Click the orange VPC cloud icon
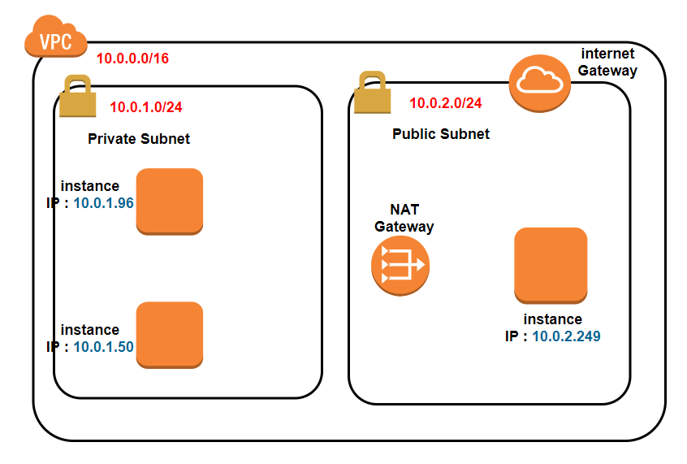click(56, 39)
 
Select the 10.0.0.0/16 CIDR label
click(132, 59)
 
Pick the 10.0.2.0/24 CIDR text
click(445, 103)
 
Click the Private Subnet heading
click(139, 139)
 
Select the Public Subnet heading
click(441, 134)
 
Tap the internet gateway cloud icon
click(537, 80)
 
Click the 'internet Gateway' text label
click(607, 62)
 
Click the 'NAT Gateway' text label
click(404, 218)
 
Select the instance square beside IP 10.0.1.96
click(169, 202)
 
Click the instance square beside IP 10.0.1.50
click(169, 335)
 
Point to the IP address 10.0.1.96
click(103, 202)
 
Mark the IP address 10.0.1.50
click(103, 346)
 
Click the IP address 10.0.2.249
click(566, 336)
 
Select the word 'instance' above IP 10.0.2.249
click(552, 319)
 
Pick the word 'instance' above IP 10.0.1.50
click(90, 330)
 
